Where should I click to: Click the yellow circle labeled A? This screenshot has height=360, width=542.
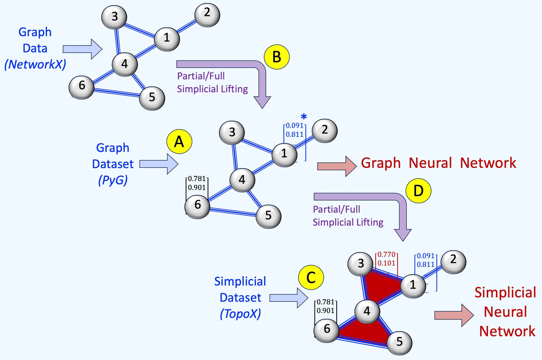coord(179,142)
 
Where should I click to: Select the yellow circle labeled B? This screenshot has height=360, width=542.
coord(277,57)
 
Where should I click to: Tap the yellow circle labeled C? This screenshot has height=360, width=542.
coord(311,277)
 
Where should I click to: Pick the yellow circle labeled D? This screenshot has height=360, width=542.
coord(418,191)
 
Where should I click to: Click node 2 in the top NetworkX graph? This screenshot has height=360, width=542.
coord(207,15)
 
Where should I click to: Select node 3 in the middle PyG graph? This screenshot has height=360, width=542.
coord(232,133)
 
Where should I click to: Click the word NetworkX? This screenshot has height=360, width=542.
coord(35,64)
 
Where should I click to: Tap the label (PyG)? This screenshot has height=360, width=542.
coord(113,180)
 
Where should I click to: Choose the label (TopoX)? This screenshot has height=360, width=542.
coord(240,314)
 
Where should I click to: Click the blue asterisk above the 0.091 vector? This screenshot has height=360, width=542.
coord(304,117)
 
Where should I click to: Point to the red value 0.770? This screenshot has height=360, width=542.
coord(386,254)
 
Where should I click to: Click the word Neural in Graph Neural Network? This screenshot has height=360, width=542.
coord(430,163)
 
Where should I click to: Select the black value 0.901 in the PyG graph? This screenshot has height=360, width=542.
coord(197,187)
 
